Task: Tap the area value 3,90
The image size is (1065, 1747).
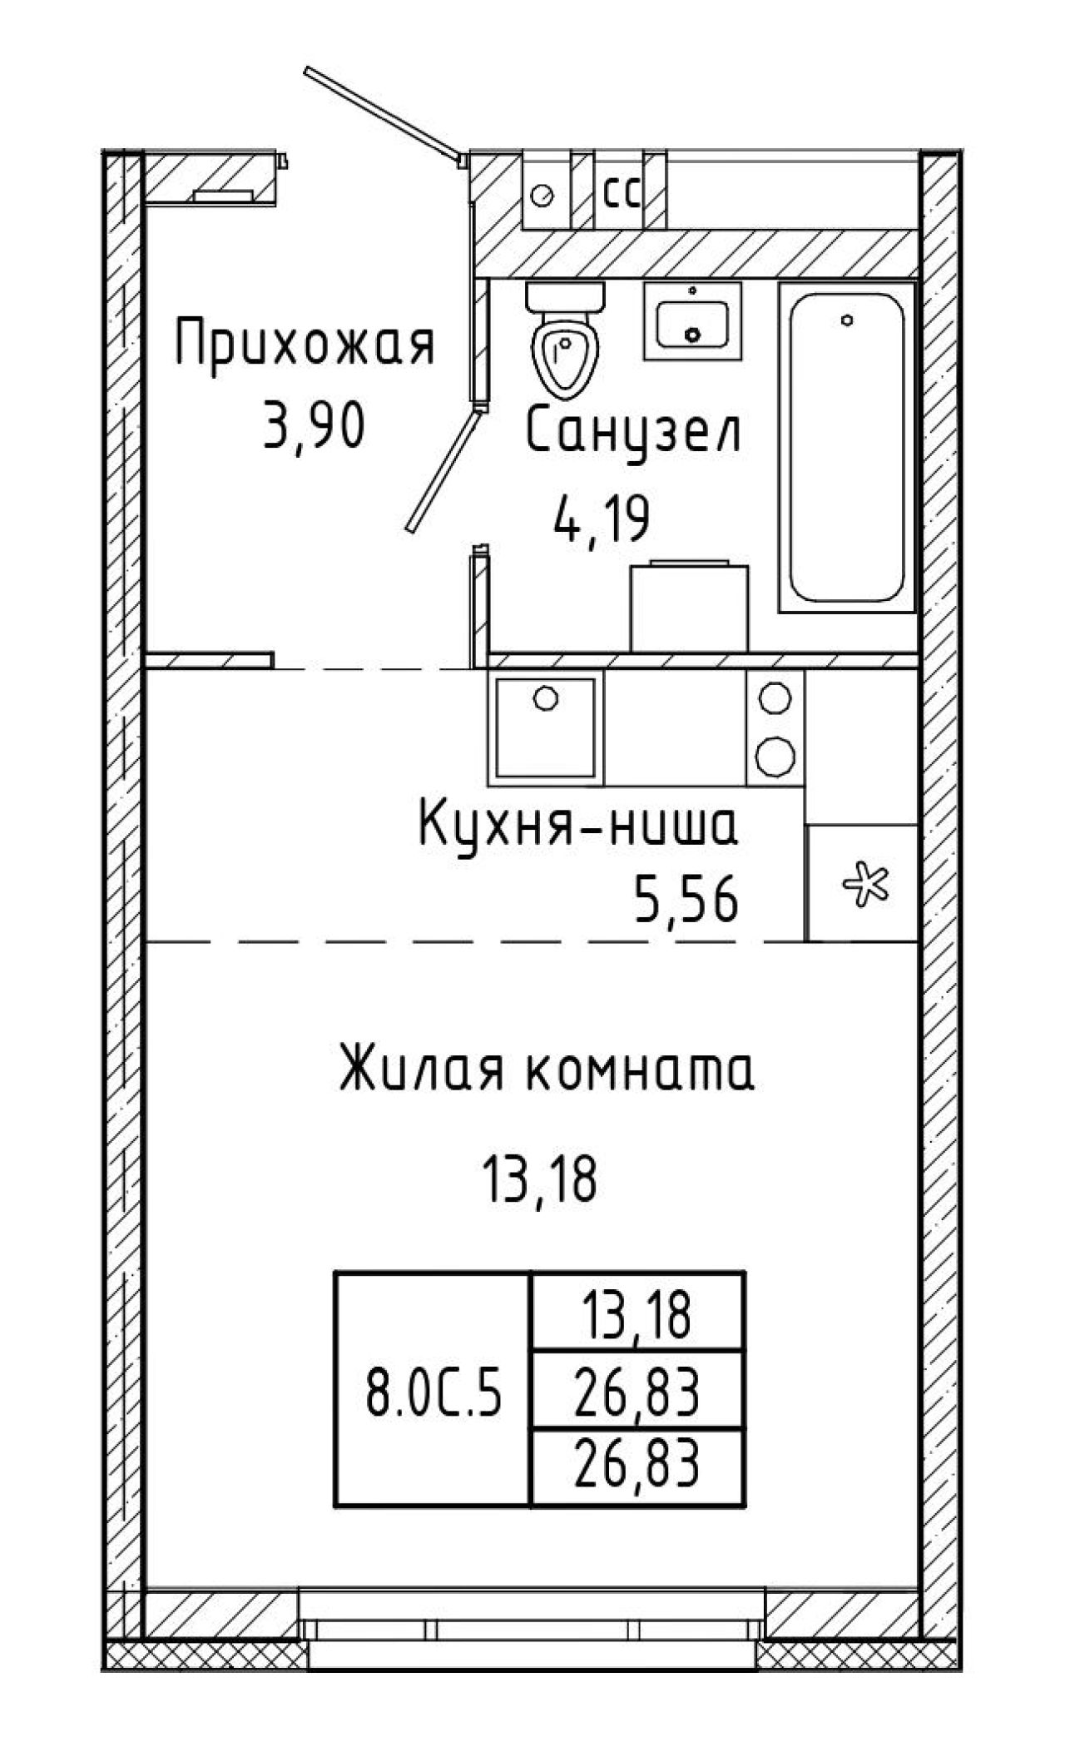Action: [313, 427]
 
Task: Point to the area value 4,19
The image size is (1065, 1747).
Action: [600, 519]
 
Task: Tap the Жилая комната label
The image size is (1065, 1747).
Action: [547, 1070]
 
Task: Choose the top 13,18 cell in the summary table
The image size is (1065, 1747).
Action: [637, 1315]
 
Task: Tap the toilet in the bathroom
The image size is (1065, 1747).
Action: [566, 338]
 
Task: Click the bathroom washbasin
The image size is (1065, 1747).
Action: [692, 320]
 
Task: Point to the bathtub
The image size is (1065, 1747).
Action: [845, 448]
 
